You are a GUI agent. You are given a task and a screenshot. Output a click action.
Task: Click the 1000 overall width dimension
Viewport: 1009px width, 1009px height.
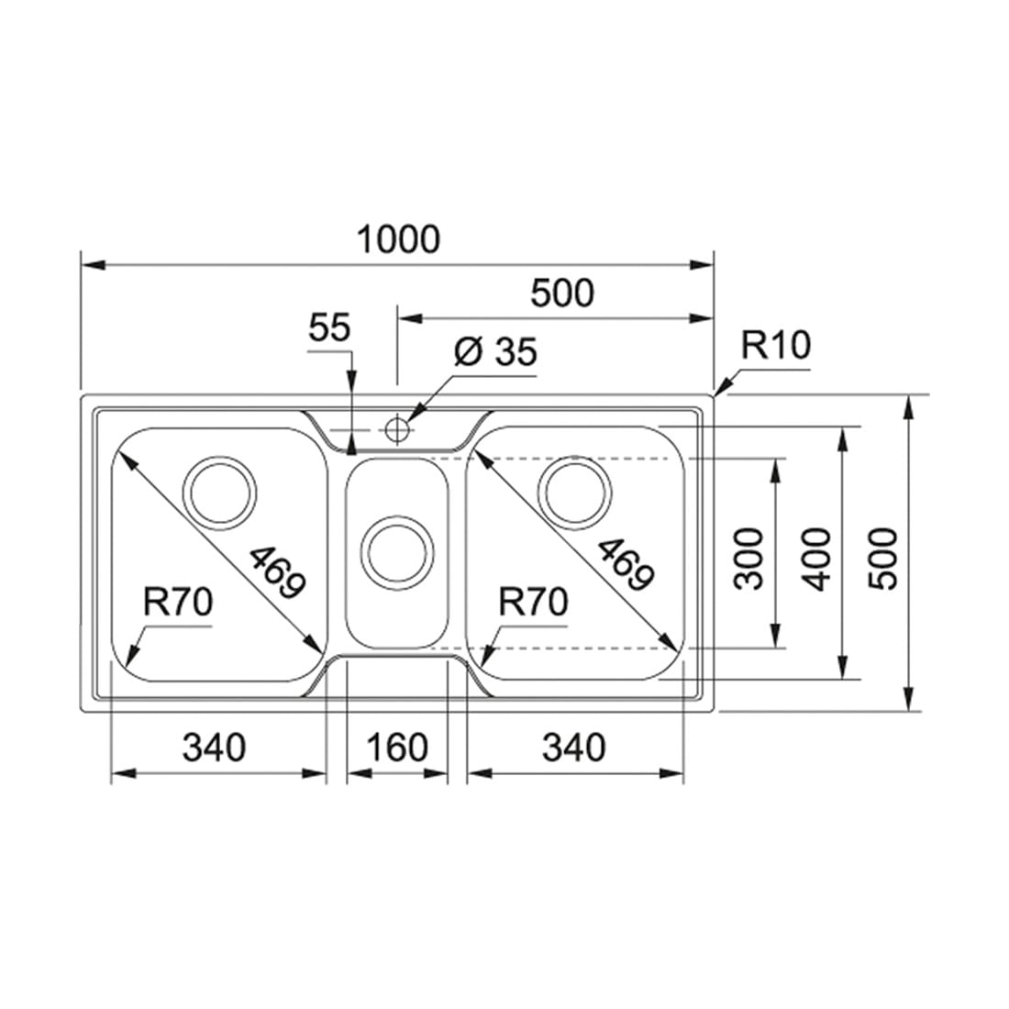398,238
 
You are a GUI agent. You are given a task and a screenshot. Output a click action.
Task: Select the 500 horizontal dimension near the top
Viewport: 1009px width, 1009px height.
561,293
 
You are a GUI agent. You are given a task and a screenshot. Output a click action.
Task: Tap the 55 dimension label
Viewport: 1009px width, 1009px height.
328,327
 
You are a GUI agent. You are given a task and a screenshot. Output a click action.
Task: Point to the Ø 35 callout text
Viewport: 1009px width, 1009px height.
494,351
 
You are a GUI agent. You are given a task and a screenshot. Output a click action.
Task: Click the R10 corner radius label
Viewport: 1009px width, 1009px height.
775,345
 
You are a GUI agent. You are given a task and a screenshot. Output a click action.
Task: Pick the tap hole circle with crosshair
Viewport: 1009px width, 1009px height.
397,428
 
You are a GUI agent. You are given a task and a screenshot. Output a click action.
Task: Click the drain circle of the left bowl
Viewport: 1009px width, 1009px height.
219,493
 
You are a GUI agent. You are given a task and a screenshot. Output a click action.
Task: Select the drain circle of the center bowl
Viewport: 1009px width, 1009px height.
396,553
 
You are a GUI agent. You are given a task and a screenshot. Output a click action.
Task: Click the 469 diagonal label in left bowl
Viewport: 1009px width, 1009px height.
277,572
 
